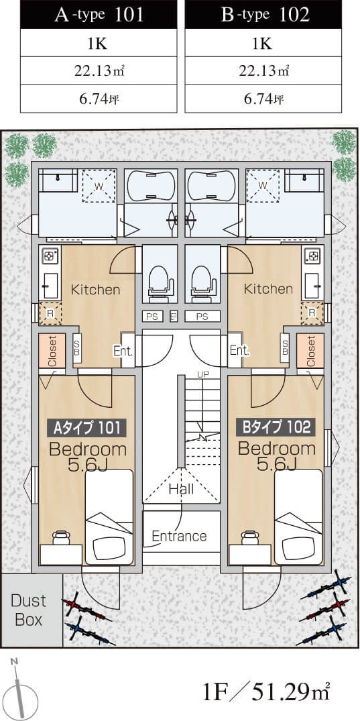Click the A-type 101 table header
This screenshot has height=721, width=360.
(99, 15)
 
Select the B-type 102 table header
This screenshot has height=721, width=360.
(263, 15)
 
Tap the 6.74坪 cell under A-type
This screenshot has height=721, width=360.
(99, 99)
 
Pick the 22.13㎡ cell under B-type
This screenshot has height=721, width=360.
(263, 70)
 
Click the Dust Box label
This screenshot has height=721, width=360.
(29, 610)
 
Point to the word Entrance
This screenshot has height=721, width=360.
(179, 536)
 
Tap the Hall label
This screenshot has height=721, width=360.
(181, 488)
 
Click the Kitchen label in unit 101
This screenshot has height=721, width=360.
(95, 290)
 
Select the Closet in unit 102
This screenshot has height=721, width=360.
(310, 350)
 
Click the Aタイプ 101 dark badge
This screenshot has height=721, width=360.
(86, 428)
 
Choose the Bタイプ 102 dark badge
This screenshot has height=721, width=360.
(276, 428)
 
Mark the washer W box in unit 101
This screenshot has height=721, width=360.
(99, 186)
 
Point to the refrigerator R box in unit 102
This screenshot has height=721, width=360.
(312, 313)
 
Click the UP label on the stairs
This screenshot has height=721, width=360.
(202, 374)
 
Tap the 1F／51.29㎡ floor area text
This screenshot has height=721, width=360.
(267, 691)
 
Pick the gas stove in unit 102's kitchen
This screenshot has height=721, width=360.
(312, 256)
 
